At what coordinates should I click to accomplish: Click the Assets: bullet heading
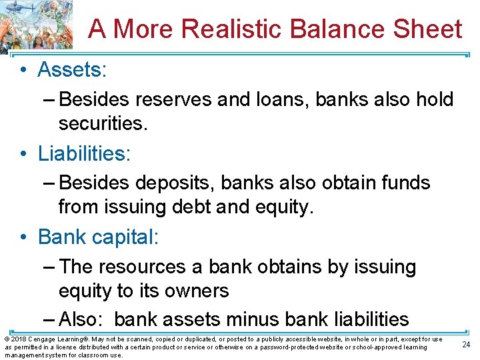coord(72,69)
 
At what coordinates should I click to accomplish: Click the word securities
coord(101,123)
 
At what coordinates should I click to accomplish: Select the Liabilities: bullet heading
coord(85,153)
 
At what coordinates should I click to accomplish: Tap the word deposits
coord(177,183)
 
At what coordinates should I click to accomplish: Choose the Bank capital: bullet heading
coord(98,237)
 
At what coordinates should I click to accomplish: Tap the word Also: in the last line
coord(83,319)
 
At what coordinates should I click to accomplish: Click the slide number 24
coord(466,344)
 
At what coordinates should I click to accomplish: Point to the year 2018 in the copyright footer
coord(18,339)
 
